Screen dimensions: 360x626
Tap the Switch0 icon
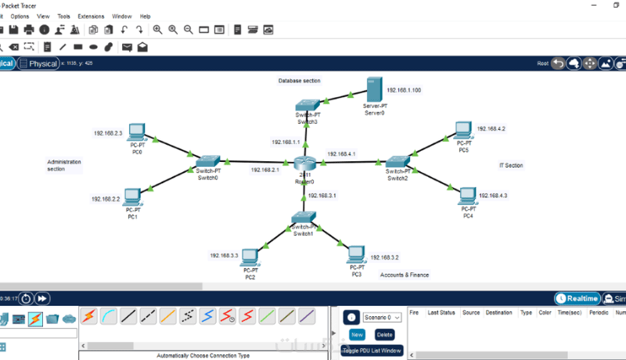coord(207,160)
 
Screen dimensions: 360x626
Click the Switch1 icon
coord(303,218)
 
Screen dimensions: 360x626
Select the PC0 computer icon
coord(137,132)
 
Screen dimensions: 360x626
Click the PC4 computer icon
coord(468,195)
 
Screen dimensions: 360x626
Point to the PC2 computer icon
coord(250,257)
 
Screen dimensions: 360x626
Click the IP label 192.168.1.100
coord(404,90)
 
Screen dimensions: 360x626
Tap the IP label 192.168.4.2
coord(491,128)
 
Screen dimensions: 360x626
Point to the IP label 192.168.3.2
coord(384,257)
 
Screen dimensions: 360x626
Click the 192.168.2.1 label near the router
coord(265,169)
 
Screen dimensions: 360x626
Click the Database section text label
coord(299,81)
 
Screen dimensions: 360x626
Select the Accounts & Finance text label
coord(404,275)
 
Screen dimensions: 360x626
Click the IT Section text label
coord(511,165)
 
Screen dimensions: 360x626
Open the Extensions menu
coord(91,16)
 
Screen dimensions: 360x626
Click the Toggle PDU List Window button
coord(372,351)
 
